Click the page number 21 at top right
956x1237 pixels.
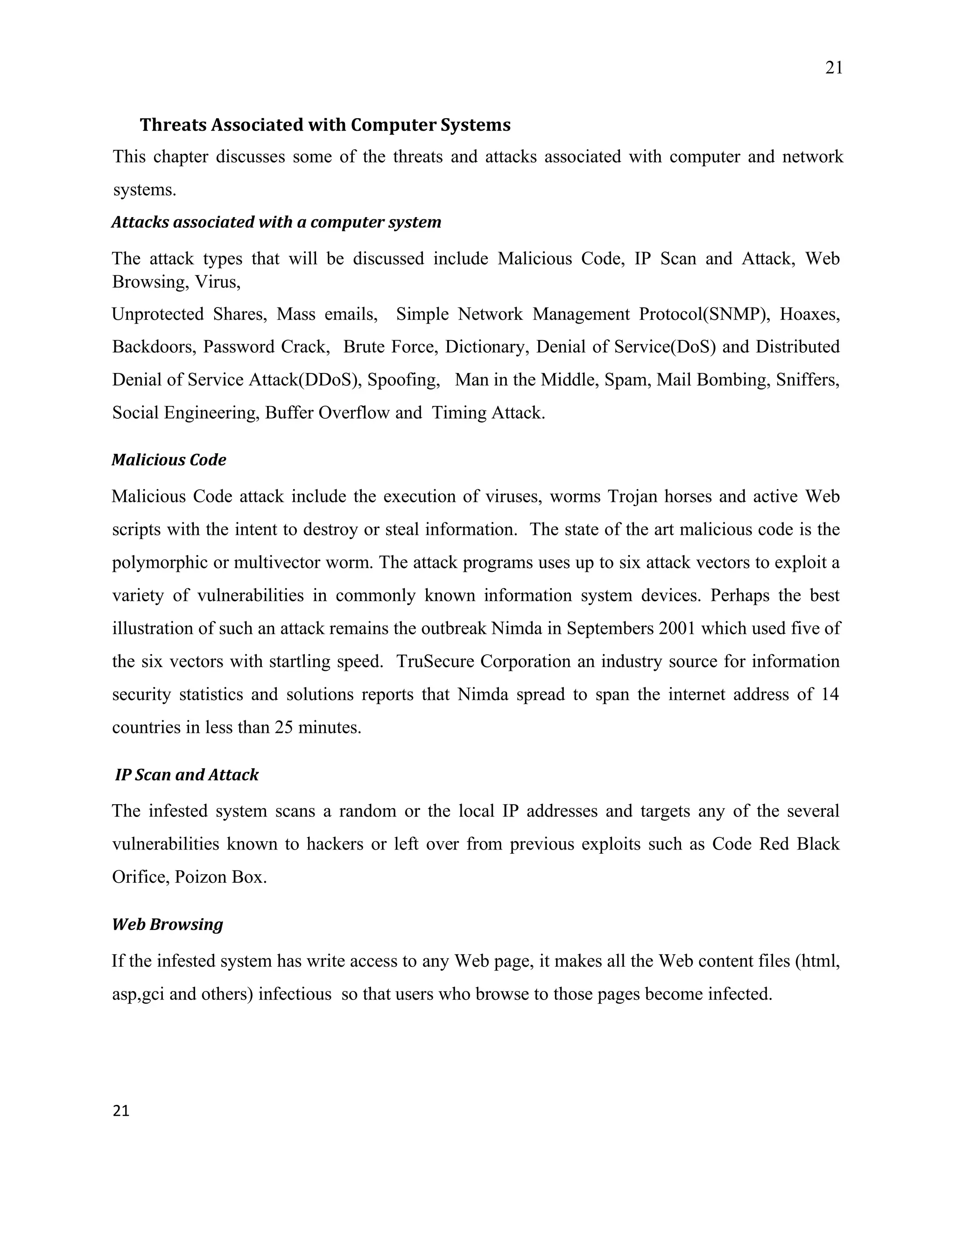coord(834,68)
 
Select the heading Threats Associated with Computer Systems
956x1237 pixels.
coord(324,125)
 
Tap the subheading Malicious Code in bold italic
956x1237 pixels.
coord(169,459)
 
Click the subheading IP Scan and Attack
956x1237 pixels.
coord(187,774)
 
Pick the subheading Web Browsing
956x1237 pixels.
coord(168,924)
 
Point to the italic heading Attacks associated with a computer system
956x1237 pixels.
coord(276,222)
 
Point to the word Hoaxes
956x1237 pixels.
coord(809,314)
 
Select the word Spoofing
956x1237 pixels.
coord(403,380)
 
